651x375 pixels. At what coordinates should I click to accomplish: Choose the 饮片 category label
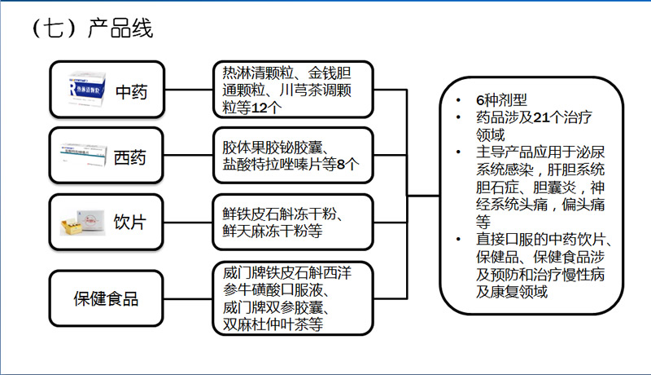(130, 222)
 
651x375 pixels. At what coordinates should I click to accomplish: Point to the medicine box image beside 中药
(85, 89)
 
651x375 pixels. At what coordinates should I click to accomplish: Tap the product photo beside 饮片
(85, 221)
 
